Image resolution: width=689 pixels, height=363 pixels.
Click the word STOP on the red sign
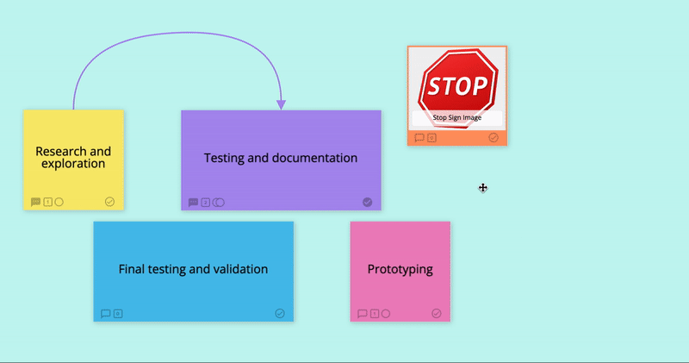(x=457, y=86)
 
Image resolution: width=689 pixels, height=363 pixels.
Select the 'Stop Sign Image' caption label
(x=457, y=117)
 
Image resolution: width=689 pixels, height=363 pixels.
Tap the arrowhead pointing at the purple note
(x=282, y=104)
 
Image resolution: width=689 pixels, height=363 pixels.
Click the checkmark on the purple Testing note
(x=368, y=202)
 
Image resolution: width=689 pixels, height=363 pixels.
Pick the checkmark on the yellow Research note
(x=110, y=202)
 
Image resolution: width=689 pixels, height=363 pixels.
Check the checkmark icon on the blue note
(x=280, y=313)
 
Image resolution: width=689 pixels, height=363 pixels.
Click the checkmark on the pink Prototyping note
(x=437, y=313)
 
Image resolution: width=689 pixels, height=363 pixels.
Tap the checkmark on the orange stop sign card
(x=493, y=138)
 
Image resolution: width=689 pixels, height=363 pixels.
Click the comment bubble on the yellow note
(x=35, y=202)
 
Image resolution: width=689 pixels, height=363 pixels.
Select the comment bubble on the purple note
(x=193, y=203)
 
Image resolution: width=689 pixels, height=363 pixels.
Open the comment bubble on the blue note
(x=105, y=314)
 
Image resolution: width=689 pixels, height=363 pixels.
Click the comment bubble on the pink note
(x=362, y=314)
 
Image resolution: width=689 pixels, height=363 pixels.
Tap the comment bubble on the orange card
(x=419, y=138)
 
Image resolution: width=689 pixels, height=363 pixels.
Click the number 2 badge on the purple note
(x=206, y=203)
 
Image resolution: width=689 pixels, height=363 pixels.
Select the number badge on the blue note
(x=118, y=314)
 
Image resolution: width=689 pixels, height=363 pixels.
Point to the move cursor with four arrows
(x=483, y=188)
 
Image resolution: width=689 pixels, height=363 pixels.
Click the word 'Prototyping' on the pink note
(x=400, y=269)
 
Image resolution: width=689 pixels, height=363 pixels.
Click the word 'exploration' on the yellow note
(x=73, y=164)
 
